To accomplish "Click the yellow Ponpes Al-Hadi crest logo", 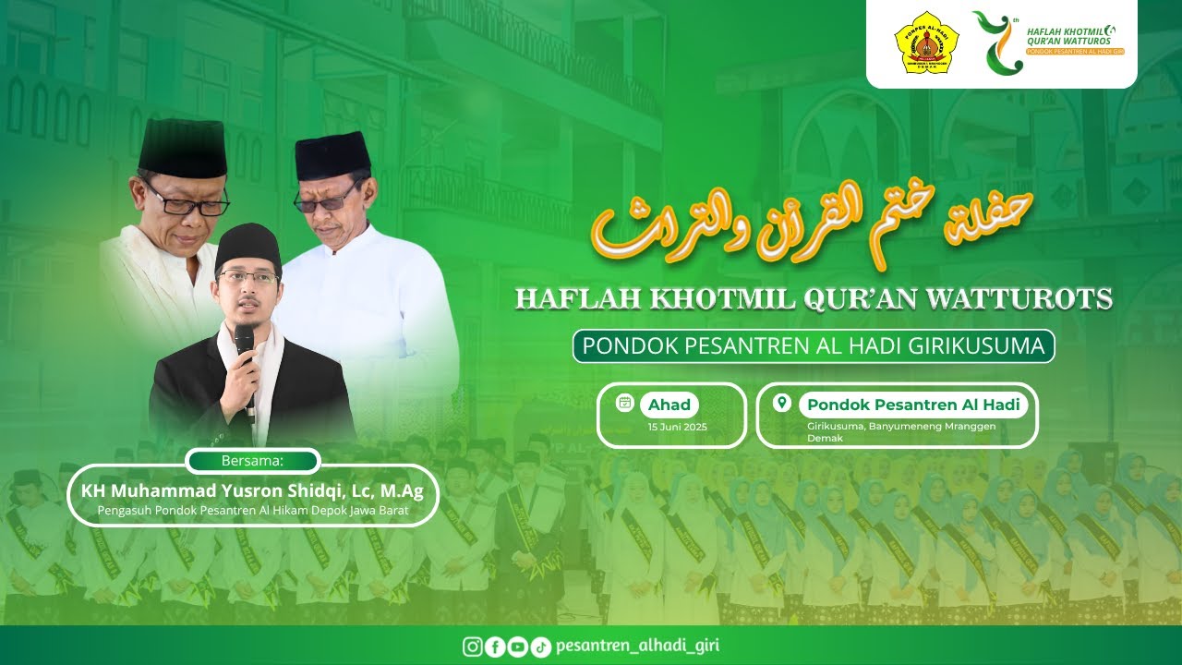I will click(x=926, y=42).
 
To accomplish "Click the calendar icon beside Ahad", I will click(x=625, y=403).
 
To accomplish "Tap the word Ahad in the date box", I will click(x=669, y=405).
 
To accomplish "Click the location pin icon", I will click(x=782, y=404).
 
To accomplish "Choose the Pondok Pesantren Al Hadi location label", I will click(x=912, y=405).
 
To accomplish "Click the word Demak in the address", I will click(x=825, y=438).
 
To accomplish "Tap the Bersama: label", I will click(x=252, y=460).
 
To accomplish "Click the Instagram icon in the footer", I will click(x=473, y=647).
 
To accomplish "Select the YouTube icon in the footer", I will click(x=517, y=647).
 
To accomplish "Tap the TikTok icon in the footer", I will click(x=541, y=647).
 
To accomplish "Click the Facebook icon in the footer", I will click(x=495, y=647).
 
